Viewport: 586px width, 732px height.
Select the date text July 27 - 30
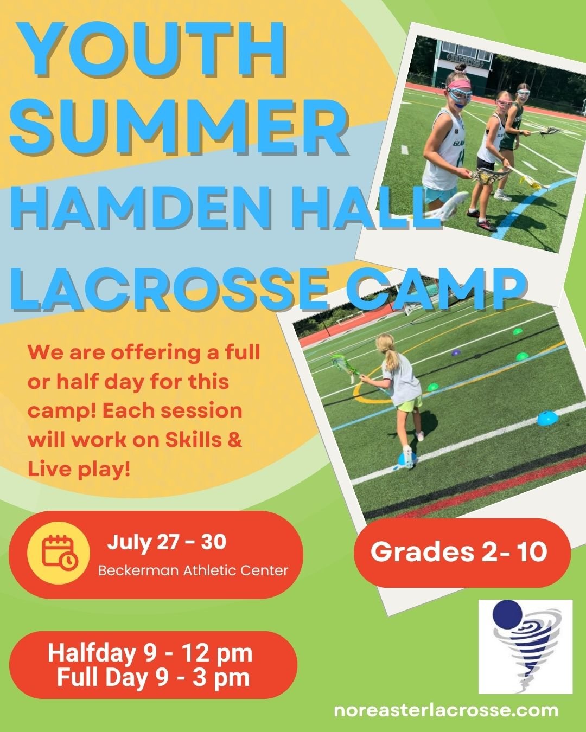pyautogui.click(x=167, y=542)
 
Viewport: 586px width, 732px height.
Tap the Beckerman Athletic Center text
pyautogui.click(x=193, y=570)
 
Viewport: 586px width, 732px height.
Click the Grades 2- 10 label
pyautogui.click(x=458, y=552)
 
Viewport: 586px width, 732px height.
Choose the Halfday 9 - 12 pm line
pyautogui.click(x=150, y=653)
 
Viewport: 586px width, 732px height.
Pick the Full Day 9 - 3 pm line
pyautogui.click(x=153, y=678)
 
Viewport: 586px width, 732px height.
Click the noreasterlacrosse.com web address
pyautogui.click(x=446, y=710)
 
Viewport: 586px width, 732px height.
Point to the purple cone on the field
pyautogui.click(x=456, y=353)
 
